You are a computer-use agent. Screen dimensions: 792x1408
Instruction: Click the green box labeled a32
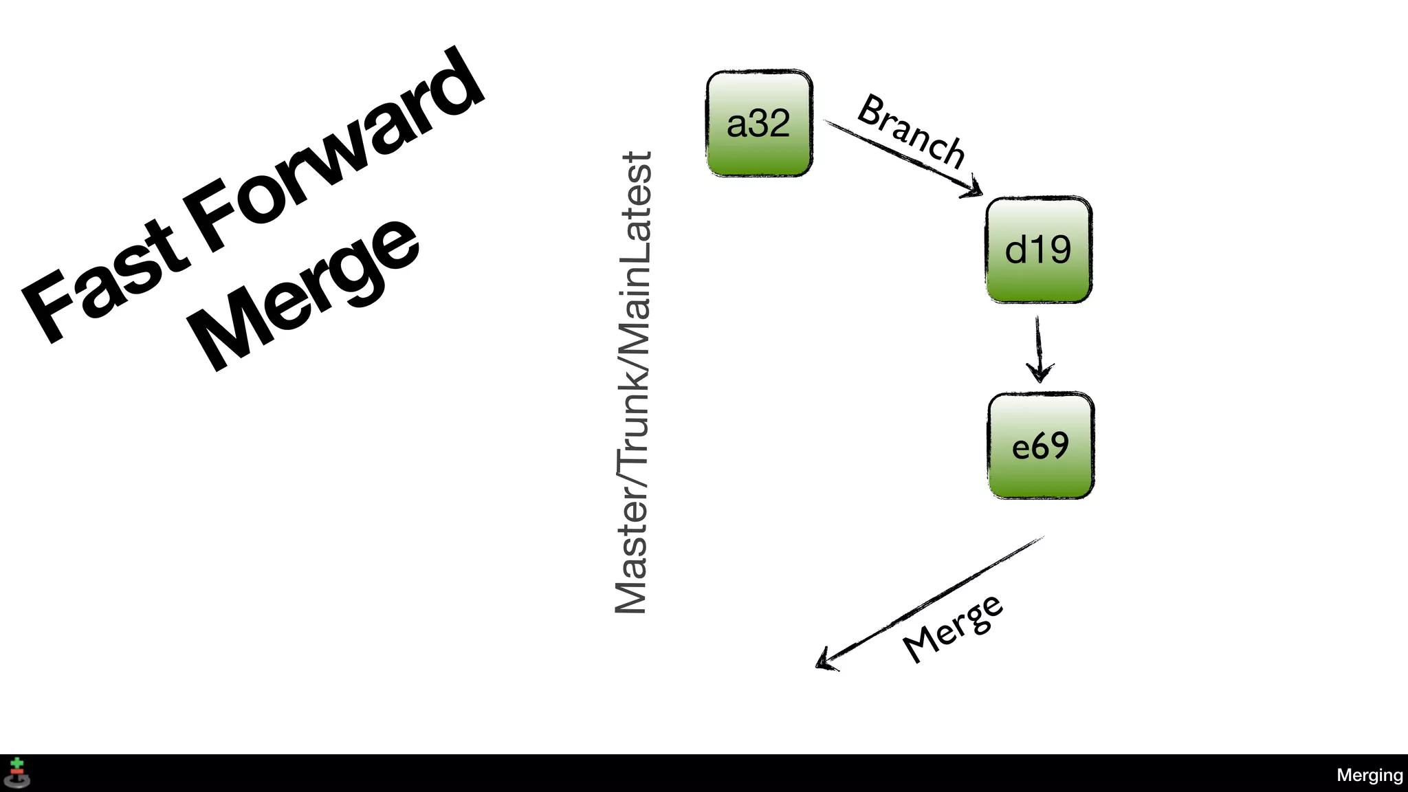click(760, 124)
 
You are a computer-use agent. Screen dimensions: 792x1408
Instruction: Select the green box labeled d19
click(1038, 250)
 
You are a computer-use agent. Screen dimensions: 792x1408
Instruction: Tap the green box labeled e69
click(1040, 446)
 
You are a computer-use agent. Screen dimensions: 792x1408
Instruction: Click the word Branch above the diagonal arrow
click(912, 131)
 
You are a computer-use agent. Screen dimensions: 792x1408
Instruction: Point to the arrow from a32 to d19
click(901, 157)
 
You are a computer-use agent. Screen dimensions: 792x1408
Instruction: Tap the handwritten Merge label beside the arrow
click(953, 629)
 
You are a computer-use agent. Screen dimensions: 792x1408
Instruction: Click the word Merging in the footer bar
click(1369, 775)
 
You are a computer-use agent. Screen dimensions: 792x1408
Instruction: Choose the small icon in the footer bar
click(17, 773)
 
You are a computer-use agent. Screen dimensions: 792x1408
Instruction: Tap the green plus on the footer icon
click(17, 764)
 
